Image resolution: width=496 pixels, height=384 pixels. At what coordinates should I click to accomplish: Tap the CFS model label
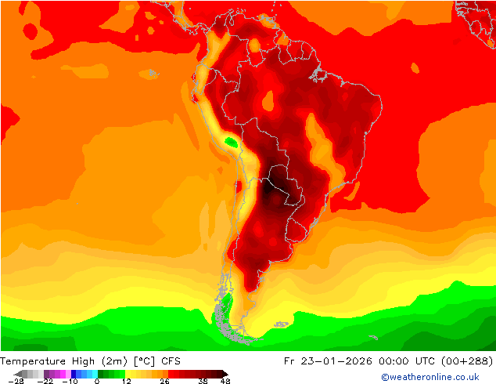171,361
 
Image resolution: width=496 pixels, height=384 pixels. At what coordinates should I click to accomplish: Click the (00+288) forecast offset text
468,361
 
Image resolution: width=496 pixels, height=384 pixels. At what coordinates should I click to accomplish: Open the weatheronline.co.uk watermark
430,377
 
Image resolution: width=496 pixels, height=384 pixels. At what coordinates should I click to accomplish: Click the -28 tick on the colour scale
16,381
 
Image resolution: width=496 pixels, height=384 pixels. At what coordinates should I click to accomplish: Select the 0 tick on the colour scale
97,381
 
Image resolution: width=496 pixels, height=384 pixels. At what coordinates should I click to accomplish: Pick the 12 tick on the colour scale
126,381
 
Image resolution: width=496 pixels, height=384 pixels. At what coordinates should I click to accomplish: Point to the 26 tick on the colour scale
164,381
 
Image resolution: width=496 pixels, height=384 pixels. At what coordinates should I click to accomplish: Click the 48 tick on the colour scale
225,381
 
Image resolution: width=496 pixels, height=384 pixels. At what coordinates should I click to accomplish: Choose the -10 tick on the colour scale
70,381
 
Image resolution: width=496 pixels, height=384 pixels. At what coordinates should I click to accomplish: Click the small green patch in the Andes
232,142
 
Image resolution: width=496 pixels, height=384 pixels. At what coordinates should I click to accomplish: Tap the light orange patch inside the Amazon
268,100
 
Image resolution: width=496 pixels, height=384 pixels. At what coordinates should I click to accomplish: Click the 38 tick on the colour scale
202,381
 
